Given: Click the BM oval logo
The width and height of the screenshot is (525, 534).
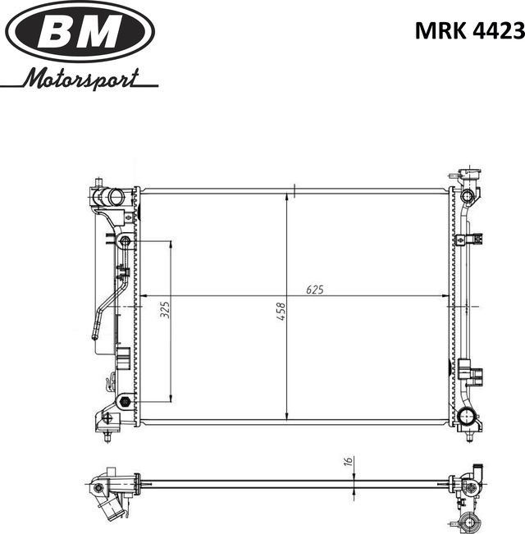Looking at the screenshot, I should (80, 32).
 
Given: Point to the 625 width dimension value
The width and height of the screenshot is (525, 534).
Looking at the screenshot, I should (314, 289).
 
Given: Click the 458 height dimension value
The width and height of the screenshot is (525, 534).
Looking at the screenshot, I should (281, 311).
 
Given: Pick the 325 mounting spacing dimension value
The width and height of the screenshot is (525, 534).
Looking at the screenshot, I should (164, 309).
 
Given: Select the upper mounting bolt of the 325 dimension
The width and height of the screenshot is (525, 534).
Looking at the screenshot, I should (123, 241).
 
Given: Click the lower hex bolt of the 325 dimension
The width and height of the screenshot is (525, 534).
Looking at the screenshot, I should (124, 401).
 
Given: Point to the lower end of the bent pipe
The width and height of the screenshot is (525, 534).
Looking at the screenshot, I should (95, 335).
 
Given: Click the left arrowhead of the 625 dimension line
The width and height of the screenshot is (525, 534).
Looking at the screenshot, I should (144, 295).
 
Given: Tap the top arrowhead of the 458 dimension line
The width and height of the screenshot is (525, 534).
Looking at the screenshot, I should (285, 197).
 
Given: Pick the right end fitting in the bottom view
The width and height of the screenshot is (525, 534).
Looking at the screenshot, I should (470, 488).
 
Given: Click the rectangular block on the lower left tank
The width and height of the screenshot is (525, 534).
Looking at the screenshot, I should (121, 358).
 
